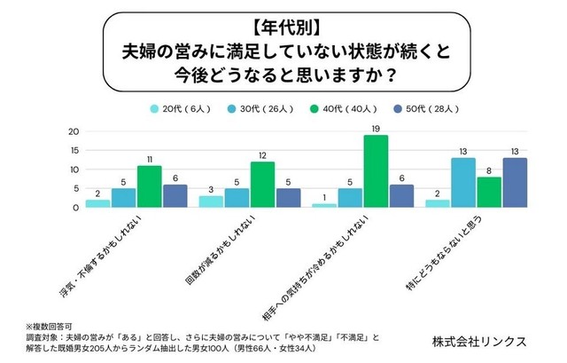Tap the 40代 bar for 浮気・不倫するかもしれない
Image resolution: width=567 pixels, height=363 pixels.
[x=149, y=186]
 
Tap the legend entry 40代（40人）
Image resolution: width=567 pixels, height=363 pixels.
[x=334, y=110]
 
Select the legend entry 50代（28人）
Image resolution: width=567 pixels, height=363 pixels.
[x=410, y=110]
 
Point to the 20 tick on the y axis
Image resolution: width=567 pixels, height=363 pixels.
[x=74, y=131]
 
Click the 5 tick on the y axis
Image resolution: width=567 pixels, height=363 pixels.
[x=76, y=188]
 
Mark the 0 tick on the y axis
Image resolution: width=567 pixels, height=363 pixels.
[x=76, y=208]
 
